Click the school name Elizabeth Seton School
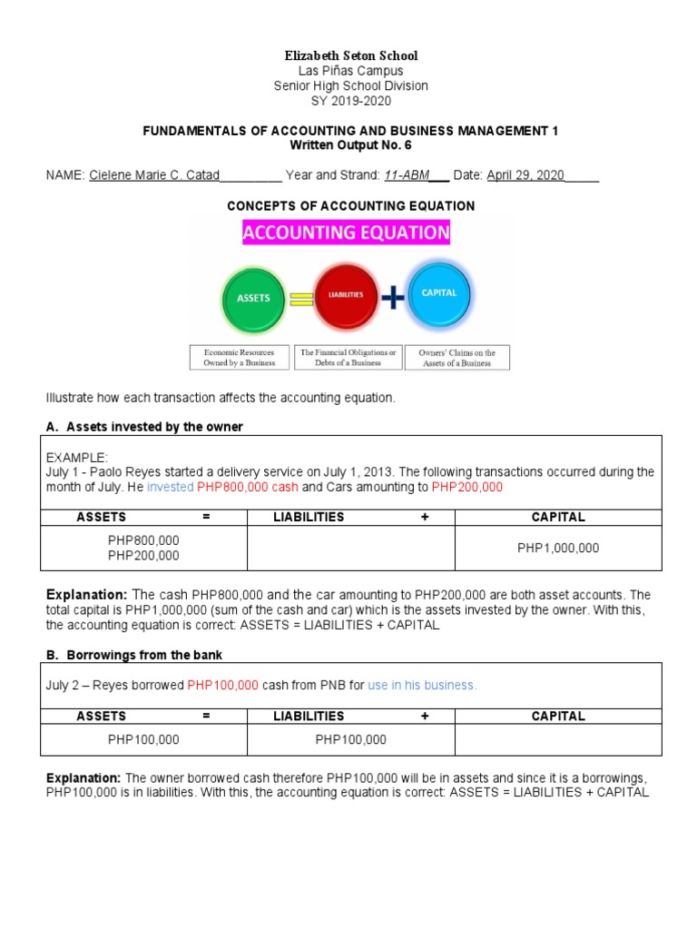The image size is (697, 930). click(x=350, y=55)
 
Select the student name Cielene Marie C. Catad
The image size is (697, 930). click(x=154, y=175)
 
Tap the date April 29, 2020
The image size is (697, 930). click(x=525, y=175)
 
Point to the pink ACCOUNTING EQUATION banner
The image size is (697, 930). click(x=346, y=232)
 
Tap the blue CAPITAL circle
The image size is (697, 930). click(x=439, y=293)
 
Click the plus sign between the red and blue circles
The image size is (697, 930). click(x=391, y=297)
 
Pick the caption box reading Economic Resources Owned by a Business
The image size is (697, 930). click(x=239, y=357)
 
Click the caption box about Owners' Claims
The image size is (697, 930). click(x=457, y=357)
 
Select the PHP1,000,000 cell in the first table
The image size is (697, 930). click(x=558, y=548)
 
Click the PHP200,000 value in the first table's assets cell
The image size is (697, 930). click(x=143, y=556)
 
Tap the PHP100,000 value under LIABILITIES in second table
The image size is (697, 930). click(x=350, y=739)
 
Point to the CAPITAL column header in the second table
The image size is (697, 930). click(x=558, y=717)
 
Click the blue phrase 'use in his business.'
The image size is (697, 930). click(x=422, y=685)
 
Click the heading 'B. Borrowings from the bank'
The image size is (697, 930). click(x=133, y=655)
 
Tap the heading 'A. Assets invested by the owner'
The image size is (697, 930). click(x=144, y=427)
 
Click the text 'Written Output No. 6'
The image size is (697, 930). click(x=350, y=145)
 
